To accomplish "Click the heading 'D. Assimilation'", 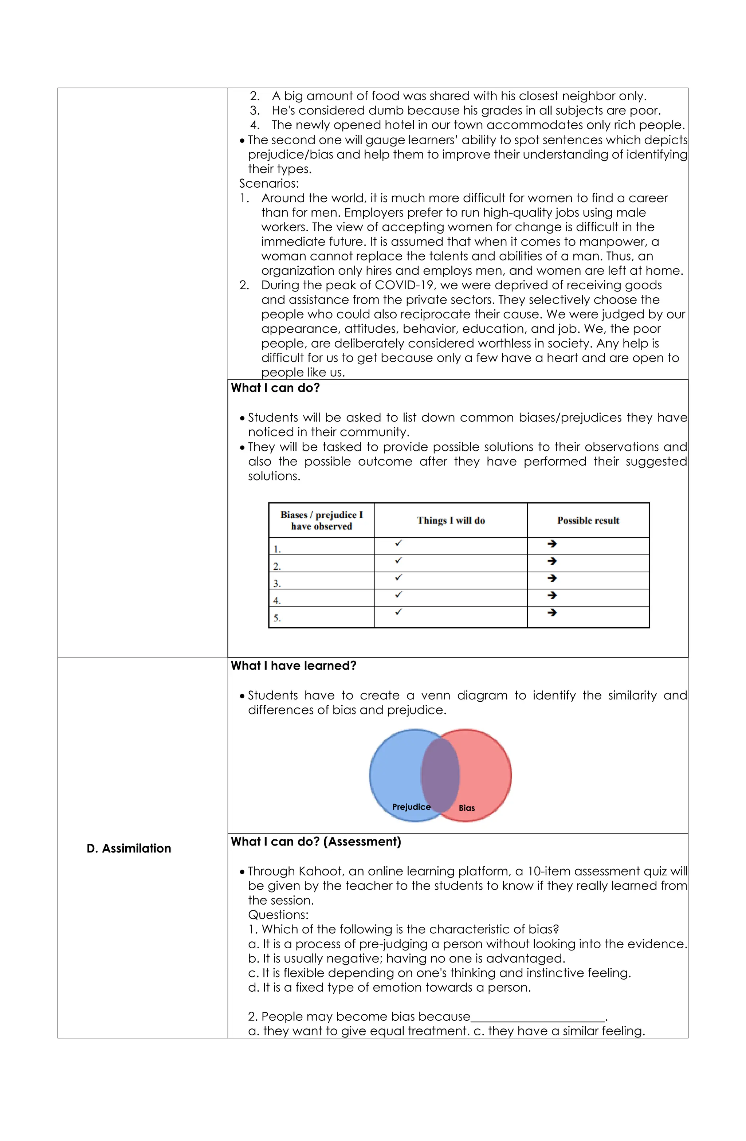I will (x=129, y=848).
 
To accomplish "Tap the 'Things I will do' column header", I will (x=450, y=520).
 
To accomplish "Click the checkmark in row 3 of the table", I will (x=398, y=578).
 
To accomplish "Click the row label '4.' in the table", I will (x=276, y=600).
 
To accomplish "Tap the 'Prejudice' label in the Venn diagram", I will (x=411, y=807).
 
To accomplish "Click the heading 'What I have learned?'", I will (x=294, y=666).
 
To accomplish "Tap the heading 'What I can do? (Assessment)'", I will (x=315, y=842).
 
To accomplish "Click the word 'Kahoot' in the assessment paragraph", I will (x=322, y=871).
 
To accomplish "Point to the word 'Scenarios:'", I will (x=268, y=184).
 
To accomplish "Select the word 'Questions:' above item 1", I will (x=278, y=915).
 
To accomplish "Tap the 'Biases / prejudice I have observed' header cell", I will (x=321, y=520).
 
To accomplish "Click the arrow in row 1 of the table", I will (x=551, y=544).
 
